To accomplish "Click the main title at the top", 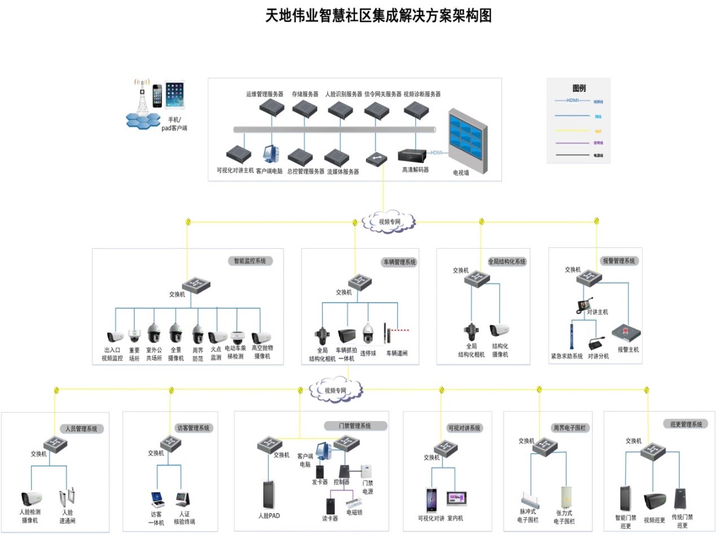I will [x=379, y=15].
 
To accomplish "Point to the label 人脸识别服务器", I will [x=343, y=94].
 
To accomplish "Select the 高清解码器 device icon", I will [x=414, y=155].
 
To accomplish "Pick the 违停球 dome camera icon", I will [x=368, y=334].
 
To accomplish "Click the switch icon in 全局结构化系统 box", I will [x=476, y=278].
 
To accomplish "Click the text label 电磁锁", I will [x=354, y=513].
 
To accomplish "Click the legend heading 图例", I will [x=579, y=88].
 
